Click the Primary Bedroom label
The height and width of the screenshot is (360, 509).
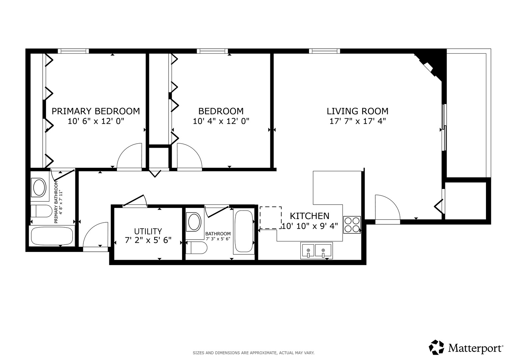pos(96,111)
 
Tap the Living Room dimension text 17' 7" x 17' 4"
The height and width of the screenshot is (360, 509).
pos(358,121)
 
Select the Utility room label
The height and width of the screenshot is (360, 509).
pos(148,231)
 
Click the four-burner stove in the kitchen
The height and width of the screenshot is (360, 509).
pos(352,225)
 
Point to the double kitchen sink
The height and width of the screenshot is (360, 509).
pos(317,250)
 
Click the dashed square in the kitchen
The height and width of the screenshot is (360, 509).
pos(271,217)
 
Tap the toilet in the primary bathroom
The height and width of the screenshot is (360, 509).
pos(41,211)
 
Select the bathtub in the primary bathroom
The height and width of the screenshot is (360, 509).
pos(52,236)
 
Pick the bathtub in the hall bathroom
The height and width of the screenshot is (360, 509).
pos(244,231)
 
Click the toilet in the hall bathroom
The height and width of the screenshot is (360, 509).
pos(197,247)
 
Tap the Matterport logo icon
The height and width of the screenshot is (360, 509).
pos(436,347)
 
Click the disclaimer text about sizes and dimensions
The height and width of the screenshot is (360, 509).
pos(254,353)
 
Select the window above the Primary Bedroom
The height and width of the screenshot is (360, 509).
pos(73,51)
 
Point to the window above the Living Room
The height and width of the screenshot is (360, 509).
pos(326,51)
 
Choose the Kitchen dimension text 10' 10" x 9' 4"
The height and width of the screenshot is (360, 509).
pos(310,226)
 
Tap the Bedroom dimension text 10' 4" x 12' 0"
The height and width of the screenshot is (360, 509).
pos(221,121)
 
